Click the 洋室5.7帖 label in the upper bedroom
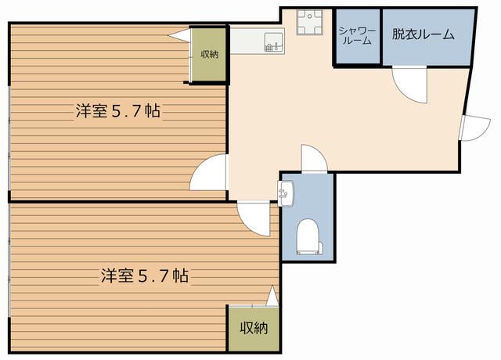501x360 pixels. pos(117,111)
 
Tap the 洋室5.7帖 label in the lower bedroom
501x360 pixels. pos(143,275)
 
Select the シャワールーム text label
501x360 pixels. pos(357,35)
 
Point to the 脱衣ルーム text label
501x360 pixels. pos(423,34)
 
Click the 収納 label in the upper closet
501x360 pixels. pos(209,54)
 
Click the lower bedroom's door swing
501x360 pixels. pos(256,215)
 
